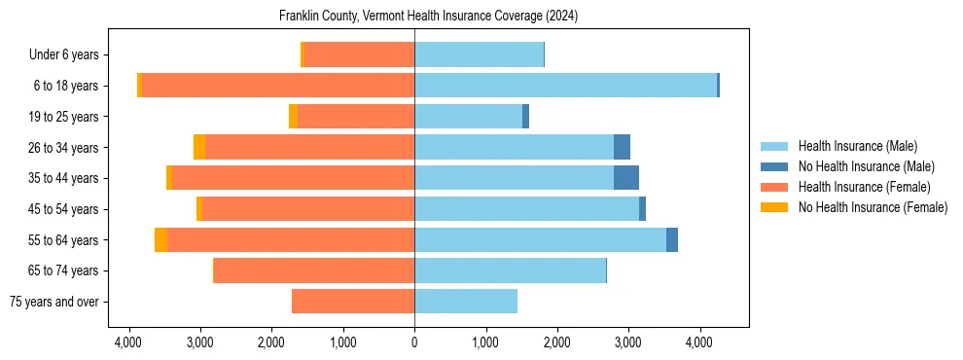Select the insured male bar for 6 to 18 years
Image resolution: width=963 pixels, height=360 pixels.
[x=565, y=86]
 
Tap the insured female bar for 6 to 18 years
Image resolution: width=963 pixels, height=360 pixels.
[x=278, y=86]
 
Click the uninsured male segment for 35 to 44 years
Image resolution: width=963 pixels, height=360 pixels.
[x=626, y=178]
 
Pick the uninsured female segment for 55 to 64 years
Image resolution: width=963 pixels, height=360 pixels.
[x=160, y=239]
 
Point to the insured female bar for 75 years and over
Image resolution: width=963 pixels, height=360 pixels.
[x=353, y=302]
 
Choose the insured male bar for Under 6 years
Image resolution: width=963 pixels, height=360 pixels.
[x=479, y=54]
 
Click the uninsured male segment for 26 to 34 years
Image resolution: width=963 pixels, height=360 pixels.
[x=622, y=147]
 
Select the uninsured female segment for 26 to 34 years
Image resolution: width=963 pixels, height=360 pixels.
[x=199, y=147]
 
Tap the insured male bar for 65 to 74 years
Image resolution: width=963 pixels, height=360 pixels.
[x=510, y=270]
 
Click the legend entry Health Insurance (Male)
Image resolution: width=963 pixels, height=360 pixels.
[x=857, y=146]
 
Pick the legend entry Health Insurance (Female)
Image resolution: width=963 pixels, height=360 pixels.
[x=864, y=187]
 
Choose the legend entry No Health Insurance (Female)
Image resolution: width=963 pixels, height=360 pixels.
[x=873, y=207]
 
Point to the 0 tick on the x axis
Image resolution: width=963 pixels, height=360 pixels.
[x=414, y=342]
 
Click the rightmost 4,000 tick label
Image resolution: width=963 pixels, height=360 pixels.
[x=699, y=342]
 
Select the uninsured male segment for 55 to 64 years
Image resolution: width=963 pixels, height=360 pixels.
[x=672, y=239]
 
